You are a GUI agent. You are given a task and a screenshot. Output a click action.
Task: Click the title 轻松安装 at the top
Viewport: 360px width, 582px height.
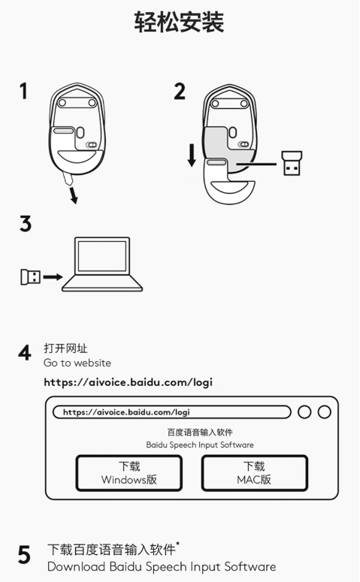[179, 22]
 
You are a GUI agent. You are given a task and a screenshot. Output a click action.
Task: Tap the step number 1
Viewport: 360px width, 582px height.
[24, 91]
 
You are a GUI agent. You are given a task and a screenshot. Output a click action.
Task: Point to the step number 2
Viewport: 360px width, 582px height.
[180, 92]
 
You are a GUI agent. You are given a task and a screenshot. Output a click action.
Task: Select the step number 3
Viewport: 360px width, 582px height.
[26, 224]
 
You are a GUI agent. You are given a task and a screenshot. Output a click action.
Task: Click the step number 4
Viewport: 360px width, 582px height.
[25, 353]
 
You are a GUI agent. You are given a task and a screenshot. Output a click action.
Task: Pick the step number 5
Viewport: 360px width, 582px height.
[25, 555]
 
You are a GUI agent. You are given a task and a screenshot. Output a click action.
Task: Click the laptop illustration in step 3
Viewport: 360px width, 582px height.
[102, 264]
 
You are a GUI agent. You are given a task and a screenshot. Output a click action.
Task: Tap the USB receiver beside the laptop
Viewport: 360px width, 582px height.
[31, 277]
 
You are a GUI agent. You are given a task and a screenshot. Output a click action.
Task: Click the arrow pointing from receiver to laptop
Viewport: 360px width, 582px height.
[53, 277]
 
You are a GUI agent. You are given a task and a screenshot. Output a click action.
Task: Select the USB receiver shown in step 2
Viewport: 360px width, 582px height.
[292, 162]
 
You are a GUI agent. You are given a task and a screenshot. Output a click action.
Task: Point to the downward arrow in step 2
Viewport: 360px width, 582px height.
[192, 156]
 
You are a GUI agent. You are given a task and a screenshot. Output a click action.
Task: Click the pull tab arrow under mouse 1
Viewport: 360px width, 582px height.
[74, 195]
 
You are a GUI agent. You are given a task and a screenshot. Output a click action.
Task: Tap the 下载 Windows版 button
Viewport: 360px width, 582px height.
[129, 473]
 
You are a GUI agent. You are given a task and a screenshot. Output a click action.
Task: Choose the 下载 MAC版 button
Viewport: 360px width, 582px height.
[255, 473]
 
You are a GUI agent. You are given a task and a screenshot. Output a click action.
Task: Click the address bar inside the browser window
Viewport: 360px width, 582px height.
[171, 412]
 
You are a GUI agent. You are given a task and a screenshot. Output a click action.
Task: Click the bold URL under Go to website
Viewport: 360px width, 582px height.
[129, 382]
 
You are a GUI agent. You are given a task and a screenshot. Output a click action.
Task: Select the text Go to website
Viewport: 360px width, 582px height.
[77, 363]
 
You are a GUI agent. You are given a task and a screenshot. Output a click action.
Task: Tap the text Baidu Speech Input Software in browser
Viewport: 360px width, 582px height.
[200, 445]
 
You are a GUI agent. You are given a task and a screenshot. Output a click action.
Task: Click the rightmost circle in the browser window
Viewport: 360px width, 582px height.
[325, 412]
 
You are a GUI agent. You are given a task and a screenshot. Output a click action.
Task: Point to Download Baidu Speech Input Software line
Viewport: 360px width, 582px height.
[162, 567]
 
